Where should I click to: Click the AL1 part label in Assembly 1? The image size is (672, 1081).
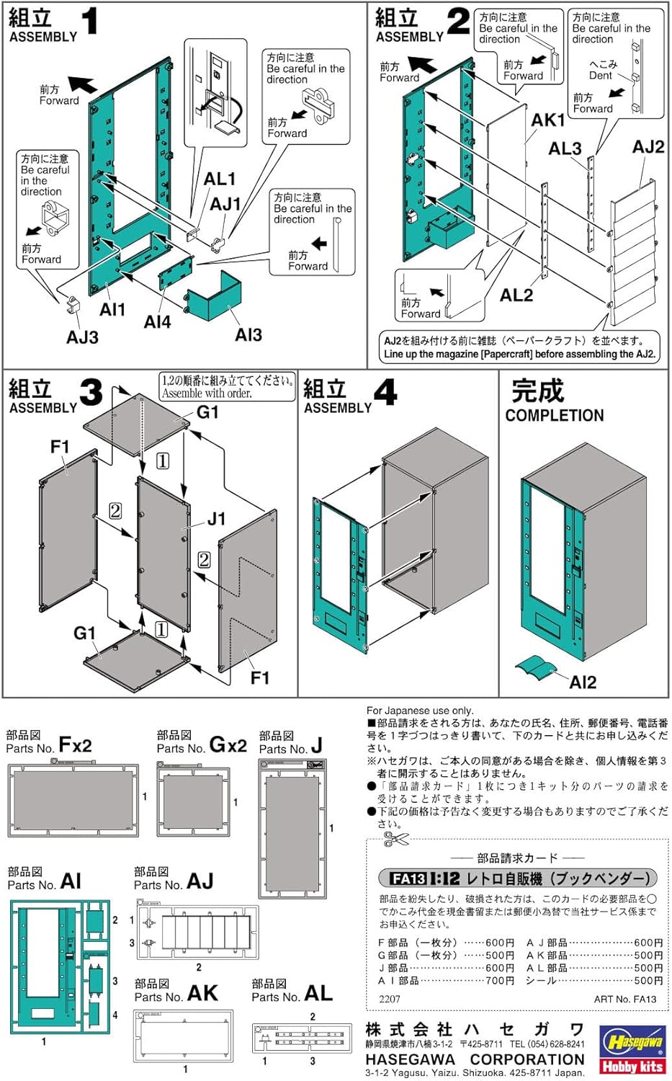[219, 179]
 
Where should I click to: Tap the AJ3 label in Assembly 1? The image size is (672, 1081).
[82, 337]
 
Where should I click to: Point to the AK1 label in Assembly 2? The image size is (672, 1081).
[547, 120]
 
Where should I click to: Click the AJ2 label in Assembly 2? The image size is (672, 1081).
[648, 147]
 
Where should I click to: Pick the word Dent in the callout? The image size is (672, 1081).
[600, 75]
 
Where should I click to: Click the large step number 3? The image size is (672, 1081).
[91, 393]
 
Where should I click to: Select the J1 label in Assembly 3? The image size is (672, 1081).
[216, 519]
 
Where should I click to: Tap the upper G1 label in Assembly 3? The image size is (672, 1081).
[207, 412]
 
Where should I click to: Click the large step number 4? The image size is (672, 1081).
[385, 393]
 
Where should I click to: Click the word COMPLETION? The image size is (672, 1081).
[554, 416]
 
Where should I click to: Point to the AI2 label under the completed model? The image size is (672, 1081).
[582, 682]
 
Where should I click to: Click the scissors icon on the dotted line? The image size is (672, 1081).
[395, 838]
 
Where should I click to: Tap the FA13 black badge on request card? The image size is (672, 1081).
[408, 878]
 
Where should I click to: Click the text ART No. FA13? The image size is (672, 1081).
[624, 999]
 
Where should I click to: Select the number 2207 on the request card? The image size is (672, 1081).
[389, 999]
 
